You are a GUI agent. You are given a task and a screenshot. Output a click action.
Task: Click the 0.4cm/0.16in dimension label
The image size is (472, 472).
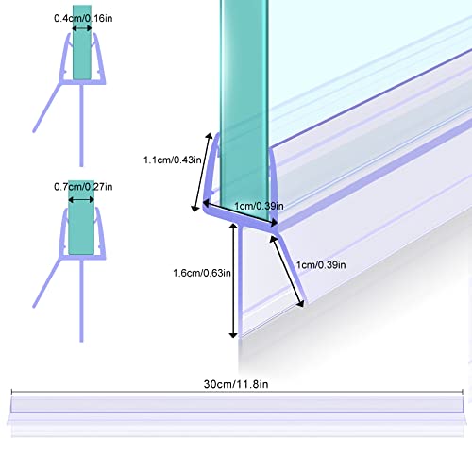(83, 18)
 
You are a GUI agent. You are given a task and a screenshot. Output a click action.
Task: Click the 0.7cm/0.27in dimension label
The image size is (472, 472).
(83, 187)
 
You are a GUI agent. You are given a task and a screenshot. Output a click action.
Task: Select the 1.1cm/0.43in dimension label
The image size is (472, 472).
(173, 160)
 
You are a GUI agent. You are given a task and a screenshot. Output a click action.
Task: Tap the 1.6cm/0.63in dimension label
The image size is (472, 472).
(202, 273)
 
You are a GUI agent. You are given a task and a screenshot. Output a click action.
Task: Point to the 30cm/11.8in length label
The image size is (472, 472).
(236, 384)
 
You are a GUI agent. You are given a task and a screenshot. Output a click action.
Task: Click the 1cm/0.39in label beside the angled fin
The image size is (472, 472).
(321, 265)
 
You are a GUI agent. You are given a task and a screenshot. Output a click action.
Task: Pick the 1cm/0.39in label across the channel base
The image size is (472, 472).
(259, 206)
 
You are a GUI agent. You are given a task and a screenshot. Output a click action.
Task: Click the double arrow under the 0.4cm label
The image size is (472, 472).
(82, 28)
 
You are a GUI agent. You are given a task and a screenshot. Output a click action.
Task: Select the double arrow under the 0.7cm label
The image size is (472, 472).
(81, 200)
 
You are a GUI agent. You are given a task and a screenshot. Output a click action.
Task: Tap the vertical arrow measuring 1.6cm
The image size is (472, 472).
(233, 280)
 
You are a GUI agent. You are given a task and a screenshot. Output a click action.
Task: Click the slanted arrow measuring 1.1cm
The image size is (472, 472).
(202, 173)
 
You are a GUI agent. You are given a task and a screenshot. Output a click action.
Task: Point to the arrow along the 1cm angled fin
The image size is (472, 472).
(287, 271)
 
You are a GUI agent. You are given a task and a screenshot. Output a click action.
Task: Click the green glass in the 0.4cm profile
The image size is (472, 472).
(82, 42)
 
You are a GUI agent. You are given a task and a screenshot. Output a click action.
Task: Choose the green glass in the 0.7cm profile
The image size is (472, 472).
(81, 217)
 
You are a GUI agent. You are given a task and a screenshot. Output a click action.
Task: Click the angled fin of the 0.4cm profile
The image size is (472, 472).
(46, 108)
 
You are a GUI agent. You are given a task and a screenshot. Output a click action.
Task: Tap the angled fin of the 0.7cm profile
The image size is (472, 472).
(46, 282)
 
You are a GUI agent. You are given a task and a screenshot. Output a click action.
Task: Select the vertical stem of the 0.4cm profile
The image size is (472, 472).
(81, 126)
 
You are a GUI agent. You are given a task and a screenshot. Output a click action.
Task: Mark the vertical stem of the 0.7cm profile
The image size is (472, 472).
(81, 300)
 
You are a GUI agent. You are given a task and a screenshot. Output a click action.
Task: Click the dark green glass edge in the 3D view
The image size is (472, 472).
(244, 110)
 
